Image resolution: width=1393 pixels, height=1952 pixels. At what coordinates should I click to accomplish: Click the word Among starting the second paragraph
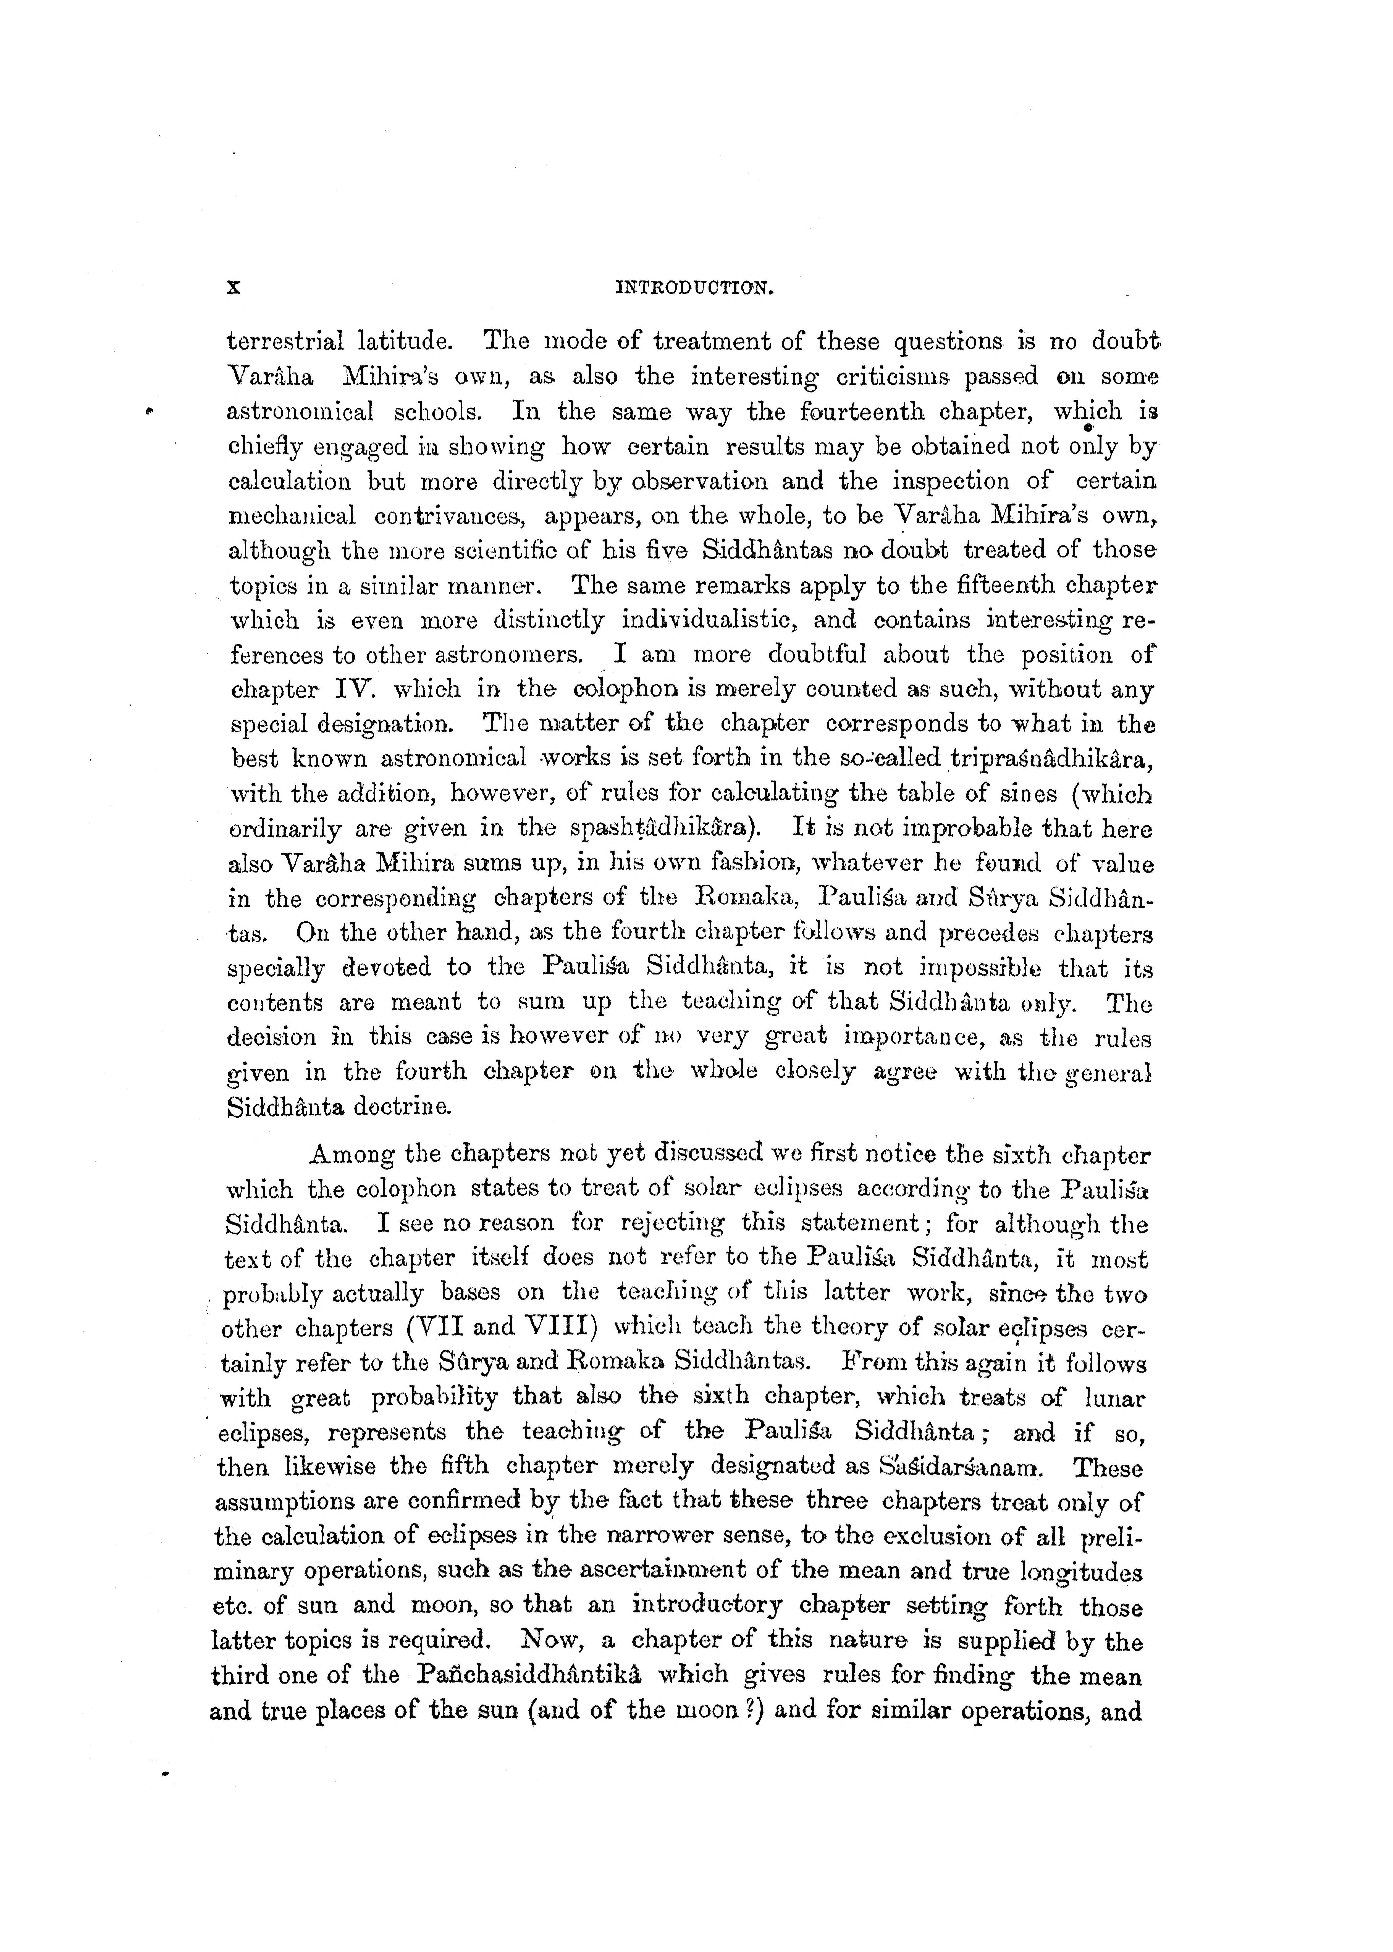point(351,1155)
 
